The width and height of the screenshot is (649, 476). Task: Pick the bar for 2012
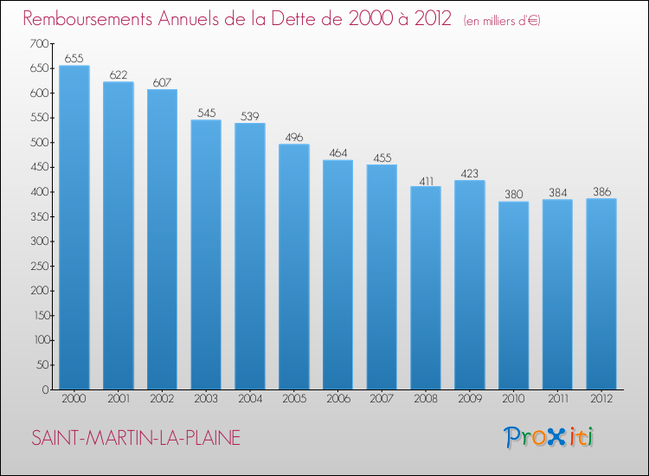601,294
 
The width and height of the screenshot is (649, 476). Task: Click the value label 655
74,59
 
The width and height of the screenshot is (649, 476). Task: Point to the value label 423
469,173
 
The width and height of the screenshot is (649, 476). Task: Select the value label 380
513,195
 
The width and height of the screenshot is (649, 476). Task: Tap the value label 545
206,113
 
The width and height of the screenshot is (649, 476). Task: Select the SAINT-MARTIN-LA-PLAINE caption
136,438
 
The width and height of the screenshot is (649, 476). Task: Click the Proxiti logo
549,437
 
